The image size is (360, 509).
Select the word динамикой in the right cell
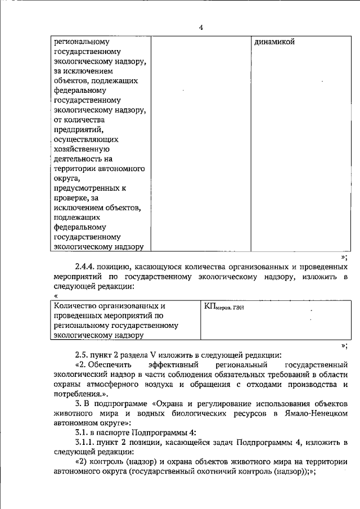tap(274, 42)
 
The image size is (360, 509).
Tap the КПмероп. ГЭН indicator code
tap(224, 307)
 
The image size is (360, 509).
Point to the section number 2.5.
tap(83, 354)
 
